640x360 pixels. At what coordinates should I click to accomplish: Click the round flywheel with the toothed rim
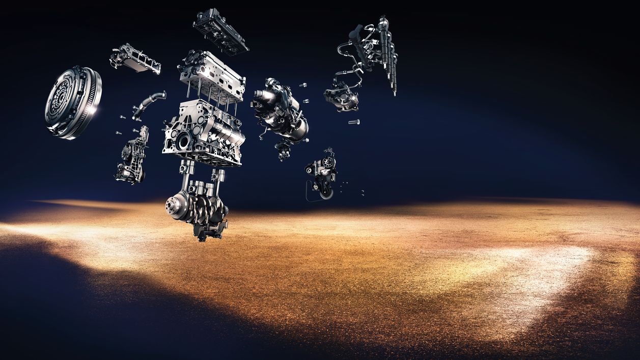[73, 102]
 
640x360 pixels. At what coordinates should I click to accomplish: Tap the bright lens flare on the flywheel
[92, 109]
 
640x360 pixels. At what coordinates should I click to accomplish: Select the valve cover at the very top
[220, 31]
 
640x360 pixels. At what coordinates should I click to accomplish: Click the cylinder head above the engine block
[212, 74]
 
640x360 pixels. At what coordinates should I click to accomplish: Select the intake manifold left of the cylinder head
[135, 59]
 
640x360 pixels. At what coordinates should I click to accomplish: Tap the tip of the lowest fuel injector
[394, 93]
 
